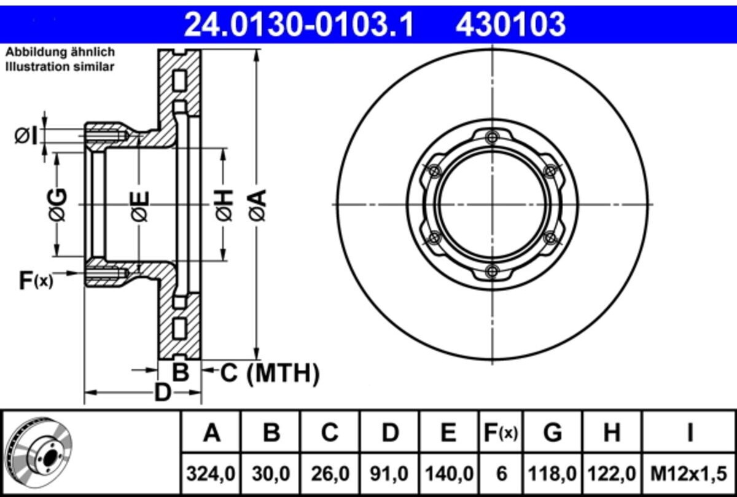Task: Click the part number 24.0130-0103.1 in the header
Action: tap(300, 25)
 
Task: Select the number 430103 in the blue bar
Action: tap(510, 25)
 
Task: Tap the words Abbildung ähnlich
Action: tap(60, 53)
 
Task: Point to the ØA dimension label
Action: tap(257, 205)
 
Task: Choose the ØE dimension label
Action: tap(139, 205)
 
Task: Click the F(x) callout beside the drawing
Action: tap(36, 281)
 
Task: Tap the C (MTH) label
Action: tap(270, 372)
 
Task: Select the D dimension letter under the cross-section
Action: tap(162, 392)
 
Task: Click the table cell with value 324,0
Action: tap(211, 473)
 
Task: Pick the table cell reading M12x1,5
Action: tap(690, 473)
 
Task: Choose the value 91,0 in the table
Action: tap(390, 473)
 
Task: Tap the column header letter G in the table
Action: tap(553, 433)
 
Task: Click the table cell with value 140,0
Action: tap(449, 473)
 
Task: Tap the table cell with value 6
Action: tap(502, 473)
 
